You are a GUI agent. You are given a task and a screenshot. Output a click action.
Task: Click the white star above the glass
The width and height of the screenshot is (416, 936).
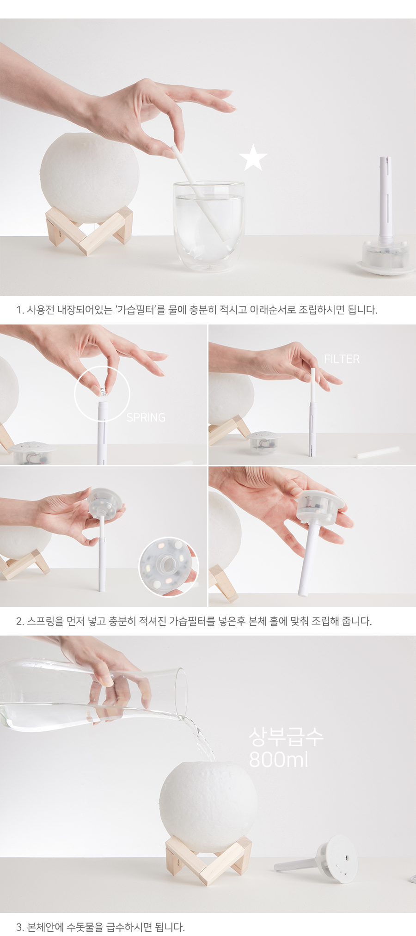click(x=253, y=157)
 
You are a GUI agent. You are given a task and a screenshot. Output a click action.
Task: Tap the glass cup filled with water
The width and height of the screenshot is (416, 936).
click(x=209, y=226)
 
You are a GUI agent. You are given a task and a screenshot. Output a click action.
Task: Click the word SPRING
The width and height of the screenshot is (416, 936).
click(x=146, y=417)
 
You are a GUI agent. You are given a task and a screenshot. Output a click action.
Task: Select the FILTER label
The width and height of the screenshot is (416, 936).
click(x=342, y=359)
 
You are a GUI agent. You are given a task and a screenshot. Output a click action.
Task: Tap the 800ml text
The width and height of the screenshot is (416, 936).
click(x=278, y=759)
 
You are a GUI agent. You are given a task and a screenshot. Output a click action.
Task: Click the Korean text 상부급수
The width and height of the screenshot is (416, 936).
click(x=286, y=737)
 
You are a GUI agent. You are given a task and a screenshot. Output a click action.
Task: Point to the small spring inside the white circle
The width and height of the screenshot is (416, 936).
click(x=104, y=391)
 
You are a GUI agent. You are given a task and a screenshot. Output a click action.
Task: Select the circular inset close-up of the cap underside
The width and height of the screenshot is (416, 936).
click(x=169, y=566)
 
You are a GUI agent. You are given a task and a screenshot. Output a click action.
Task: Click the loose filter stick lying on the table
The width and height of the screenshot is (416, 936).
click(x=377, y=452)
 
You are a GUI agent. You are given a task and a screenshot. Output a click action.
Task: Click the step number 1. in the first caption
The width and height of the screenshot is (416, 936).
click(x=20, y=310)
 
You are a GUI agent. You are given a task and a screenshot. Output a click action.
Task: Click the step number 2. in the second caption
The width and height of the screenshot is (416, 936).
click(x=20, y=622)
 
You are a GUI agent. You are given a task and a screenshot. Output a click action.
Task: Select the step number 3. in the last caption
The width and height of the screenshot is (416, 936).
click(x=20, y=927)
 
